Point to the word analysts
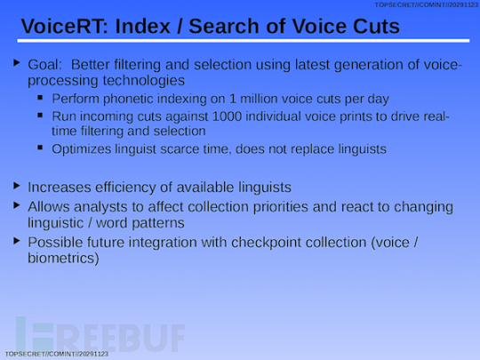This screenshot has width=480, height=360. point(100,207)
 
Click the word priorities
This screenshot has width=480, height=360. point(280,207)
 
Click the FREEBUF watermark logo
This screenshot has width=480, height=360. point(100,334)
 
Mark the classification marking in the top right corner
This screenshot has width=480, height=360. point(427,5)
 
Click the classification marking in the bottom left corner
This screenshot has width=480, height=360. point(57,354)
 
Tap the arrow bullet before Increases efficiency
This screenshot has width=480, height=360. point(17,186)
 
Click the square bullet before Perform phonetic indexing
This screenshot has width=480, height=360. point(40,98)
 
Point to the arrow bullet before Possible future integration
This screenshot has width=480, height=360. point(17,241)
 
